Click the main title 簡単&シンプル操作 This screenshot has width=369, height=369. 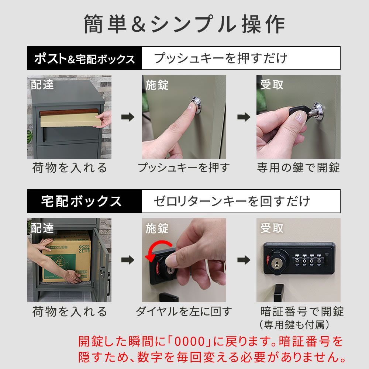point(184,25)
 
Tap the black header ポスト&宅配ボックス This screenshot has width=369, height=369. point(85,59)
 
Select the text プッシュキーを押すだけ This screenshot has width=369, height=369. point(220,58)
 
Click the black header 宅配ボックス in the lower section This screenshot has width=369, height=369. point(82,201)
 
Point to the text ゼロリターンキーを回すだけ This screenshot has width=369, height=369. point(232,201)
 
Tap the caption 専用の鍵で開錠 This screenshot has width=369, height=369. point(298,168)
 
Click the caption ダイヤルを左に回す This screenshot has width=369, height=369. point(183,312)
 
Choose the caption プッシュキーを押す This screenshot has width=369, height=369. point(183,168)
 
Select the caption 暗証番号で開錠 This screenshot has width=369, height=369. point(302,312)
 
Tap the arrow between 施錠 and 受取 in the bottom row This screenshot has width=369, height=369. point(243,260)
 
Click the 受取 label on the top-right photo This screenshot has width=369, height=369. point(272,85)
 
